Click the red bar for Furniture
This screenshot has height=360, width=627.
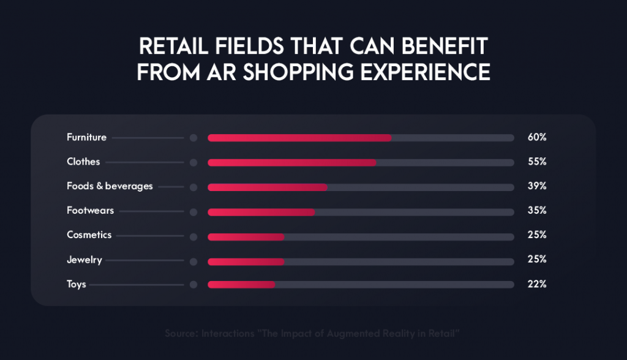coord(299,138)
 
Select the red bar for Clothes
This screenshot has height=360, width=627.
coord(292,162)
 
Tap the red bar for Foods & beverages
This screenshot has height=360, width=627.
coord(268,187)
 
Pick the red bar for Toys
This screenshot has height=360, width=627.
coord(241,285)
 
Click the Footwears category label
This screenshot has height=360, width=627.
coord(90,211)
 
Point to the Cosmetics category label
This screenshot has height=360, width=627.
coord(89,235)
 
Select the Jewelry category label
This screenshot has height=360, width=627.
coord(84,260)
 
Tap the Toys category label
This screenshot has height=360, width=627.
coord(76,285)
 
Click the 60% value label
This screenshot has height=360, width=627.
coord(536,138)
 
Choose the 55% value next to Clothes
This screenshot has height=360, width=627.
coord(536,162)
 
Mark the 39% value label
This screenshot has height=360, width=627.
coord(536,186)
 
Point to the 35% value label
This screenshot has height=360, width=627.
coord(536,211)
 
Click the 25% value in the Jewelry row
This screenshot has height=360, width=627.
coord(536,260)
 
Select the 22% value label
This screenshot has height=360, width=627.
coord(536,285)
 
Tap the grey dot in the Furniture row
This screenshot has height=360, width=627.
coord(193,138)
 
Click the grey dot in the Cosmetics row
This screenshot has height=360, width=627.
coord(193,236)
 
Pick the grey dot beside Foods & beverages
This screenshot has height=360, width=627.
coord(193,187)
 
